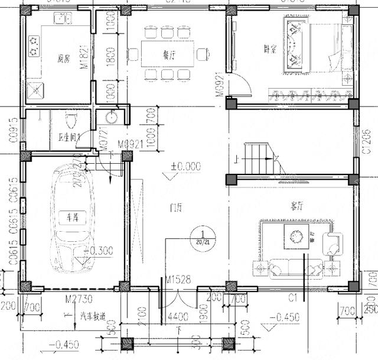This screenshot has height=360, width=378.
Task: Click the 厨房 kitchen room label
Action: coord(64,58)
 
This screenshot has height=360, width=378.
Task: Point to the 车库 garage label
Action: coord(71,218)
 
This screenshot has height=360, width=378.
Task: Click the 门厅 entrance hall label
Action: coord(175,208)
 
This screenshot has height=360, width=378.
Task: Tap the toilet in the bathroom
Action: coord(71,124)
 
